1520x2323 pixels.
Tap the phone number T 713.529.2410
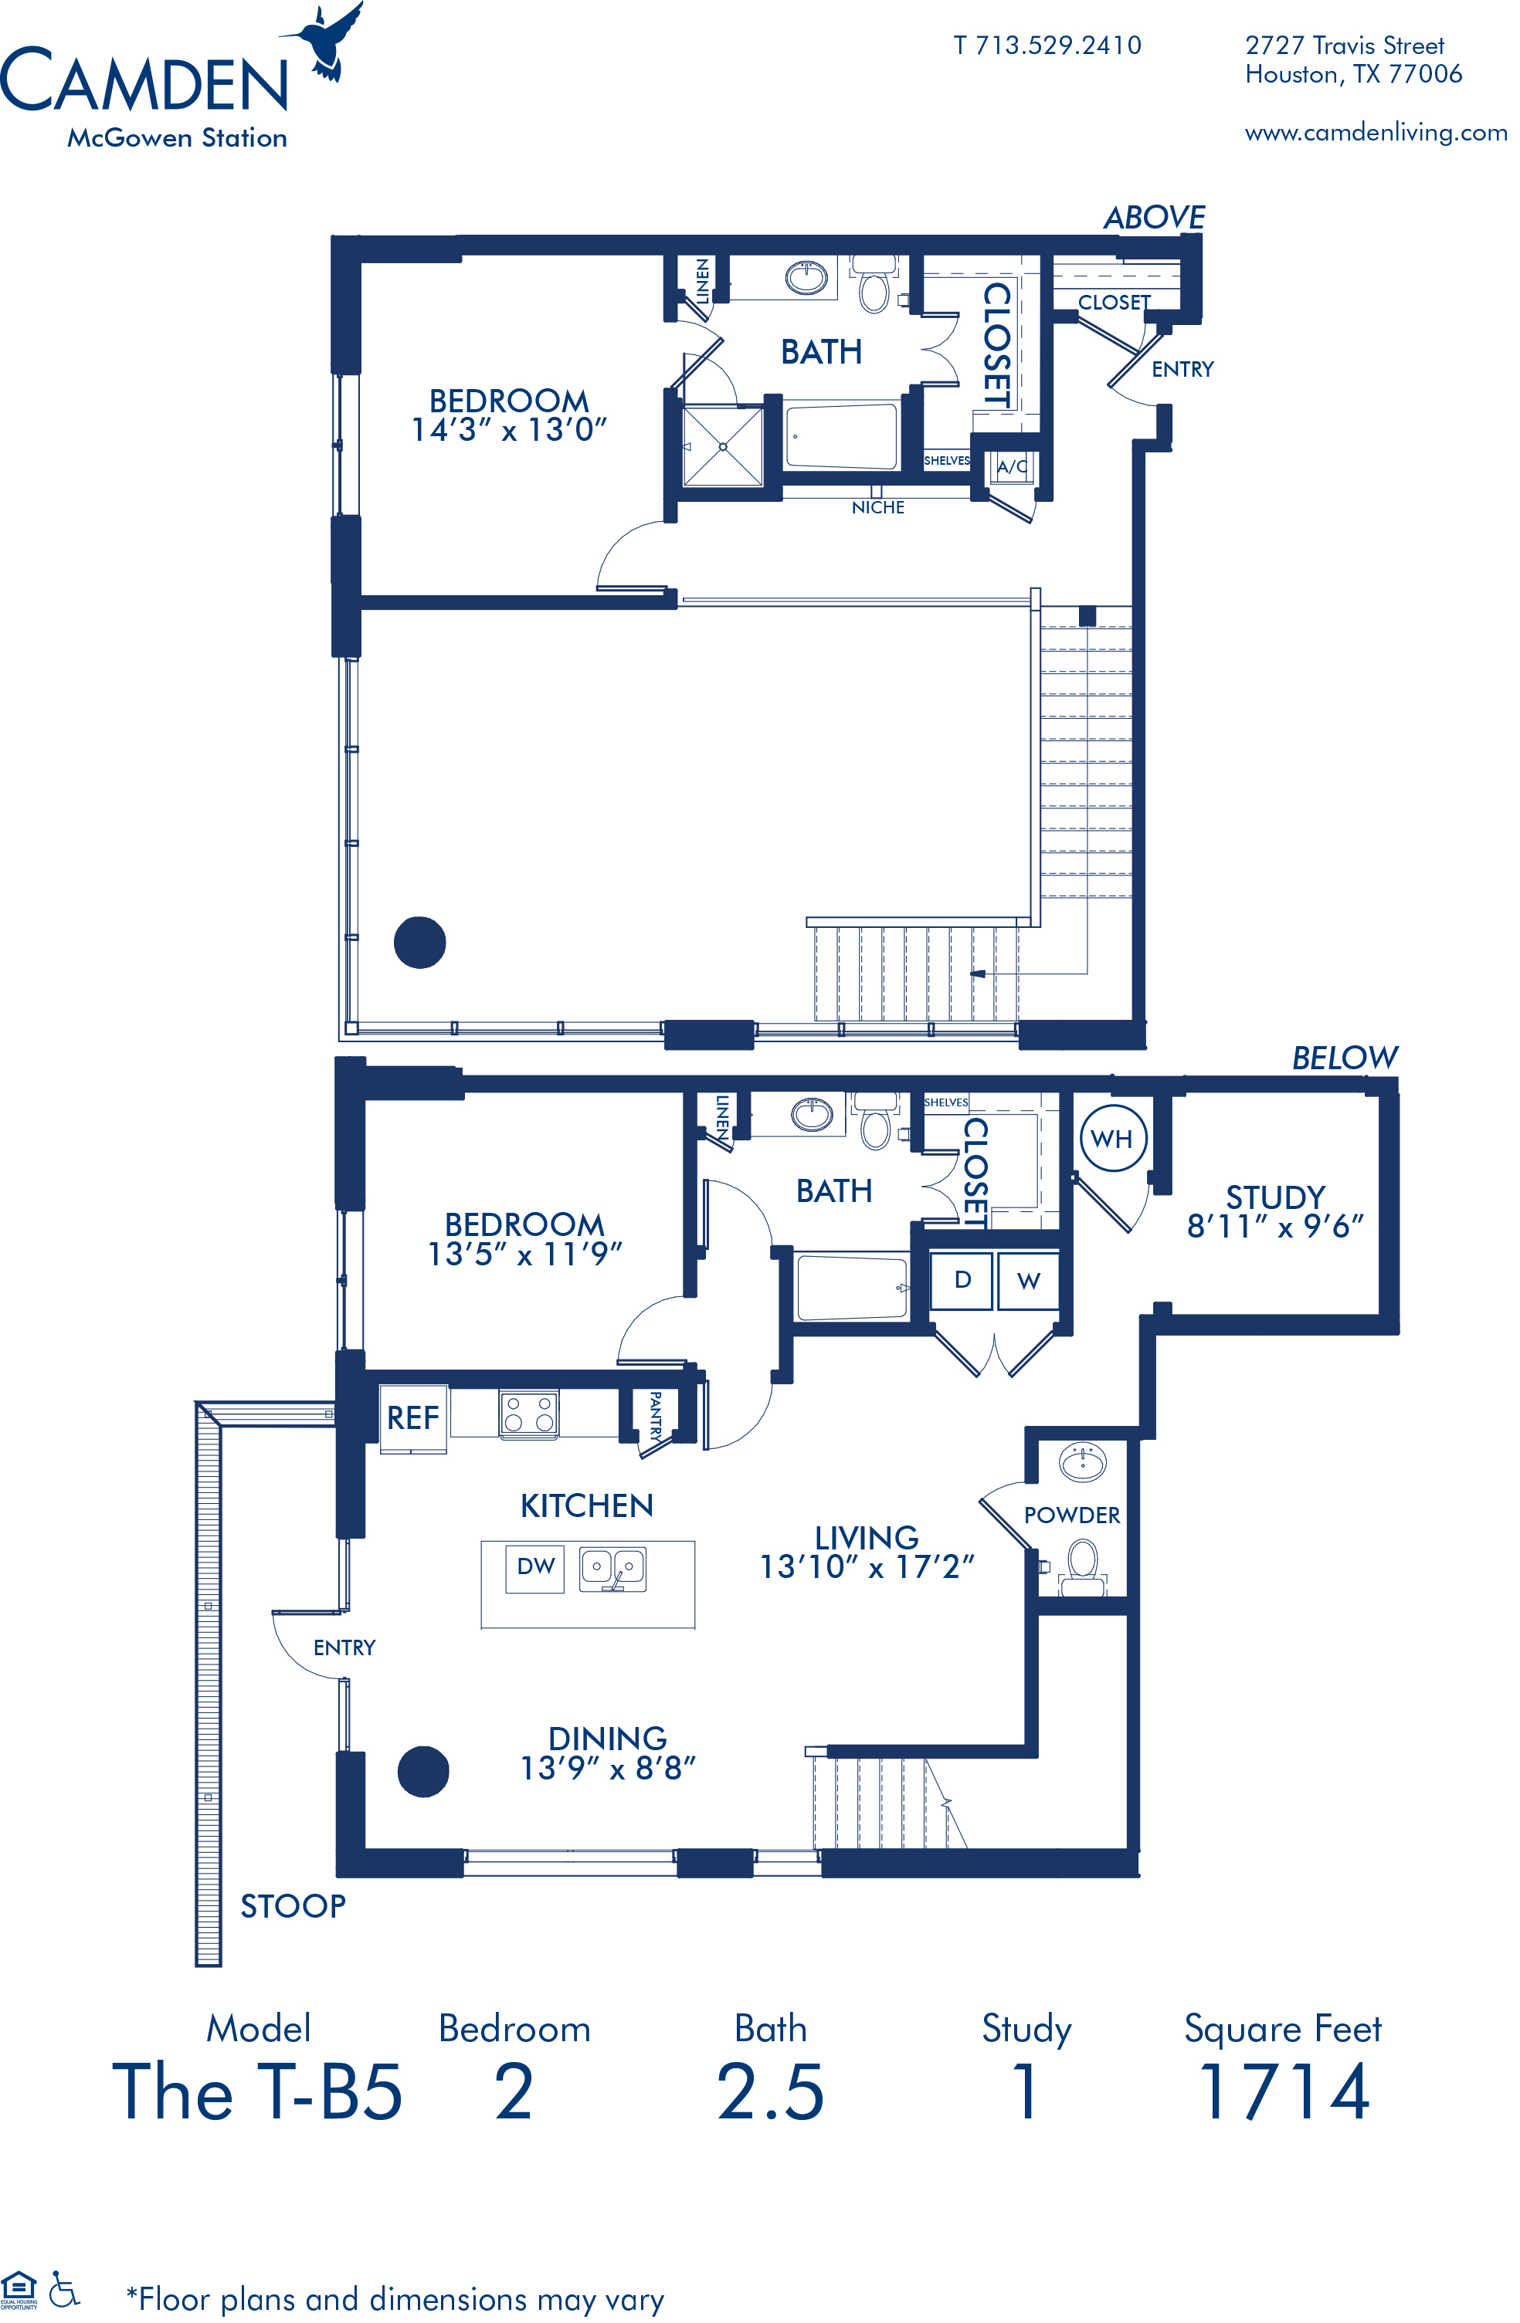1047,45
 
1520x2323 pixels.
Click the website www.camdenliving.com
1376,133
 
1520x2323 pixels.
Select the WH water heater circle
1113,1138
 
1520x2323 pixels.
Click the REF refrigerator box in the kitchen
413,1418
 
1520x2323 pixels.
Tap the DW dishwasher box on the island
535,1566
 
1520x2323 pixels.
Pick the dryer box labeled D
962,1279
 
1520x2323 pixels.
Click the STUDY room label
1275,1197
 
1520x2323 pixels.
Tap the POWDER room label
1072,1515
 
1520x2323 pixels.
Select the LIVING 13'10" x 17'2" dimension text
867,1552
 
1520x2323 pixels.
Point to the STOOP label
293,1906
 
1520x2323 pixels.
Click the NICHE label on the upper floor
877,507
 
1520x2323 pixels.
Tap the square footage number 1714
1284,2091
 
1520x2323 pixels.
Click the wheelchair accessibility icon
63,2289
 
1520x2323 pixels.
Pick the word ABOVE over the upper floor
1155,217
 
